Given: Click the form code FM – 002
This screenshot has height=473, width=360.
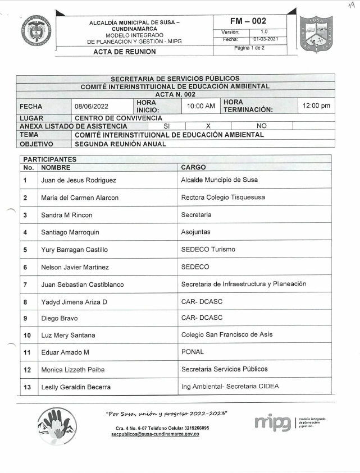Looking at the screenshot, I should click(x=251, y=21).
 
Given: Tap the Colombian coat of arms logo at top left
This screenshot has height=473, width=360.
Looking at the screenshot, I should click(x=37, y=31).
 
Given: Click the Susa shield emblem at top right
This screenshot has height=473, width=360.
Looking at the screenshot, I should click(x=316, y=34).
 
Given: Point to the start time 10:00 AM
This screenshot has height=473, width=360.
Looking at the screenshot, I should click(x=201, y=105).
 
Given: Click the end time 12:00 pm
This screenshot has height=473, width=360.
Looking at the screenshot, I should click(x=316, y=105).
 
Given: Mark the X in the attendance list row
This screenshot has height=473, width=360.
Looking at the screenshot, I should click(x=208, y=126).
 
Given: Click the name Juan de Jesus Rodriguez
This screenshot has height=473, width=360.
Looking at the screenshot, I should click(x=79, y=180).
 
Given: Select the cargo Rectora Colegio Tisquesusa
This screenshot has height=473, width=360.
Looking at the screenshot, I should click(x=223, y=198).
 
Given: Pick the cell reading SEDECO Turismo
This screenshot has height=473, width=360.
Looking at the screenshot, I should click(x=208, y=249).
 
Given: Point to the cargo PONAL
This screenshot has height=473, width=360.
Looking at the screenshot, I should click(x=193, y=352).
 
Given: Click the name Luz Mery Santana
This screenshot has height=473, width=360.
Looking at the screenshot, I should click(x=68, y=335).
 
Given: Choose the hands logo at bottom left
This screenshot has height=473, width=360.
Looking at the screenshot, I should click(x=57, y=425).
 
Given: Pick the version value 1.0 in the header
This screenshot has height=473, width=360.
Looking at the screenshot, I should click(x=264, y=32).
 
